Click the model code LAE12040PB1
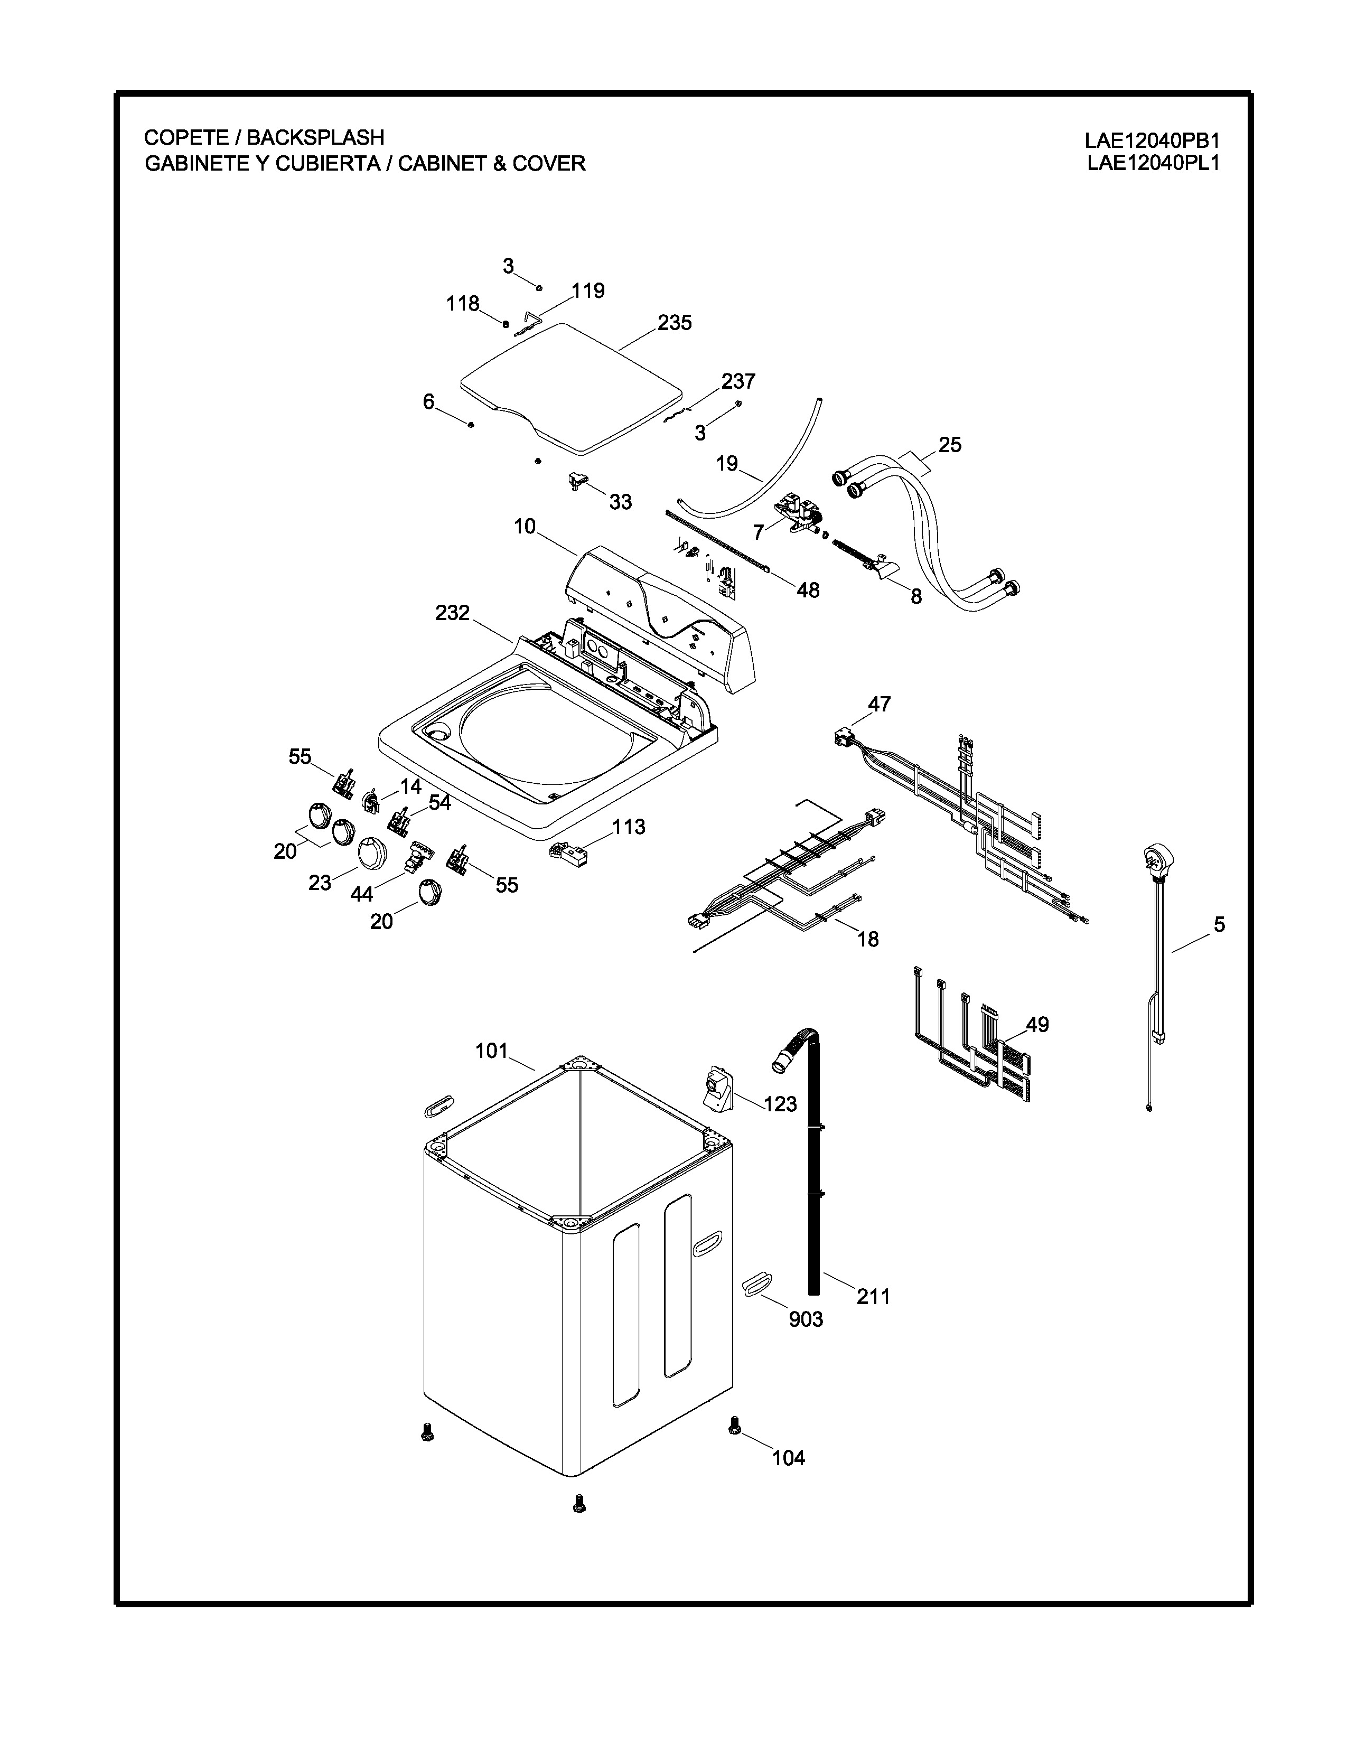[1152, 141]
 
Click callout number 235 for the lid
[675, 323]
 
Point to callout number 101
[492, 1051]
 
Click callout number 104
[789, 1458]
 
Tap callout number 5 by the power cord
[1219, 925]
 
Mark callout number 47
[880, 704]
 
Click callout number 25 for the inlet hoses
[950, 445]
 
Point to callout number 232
[453, 613]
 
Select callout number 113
[629, 827]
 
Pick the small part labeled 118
[505, 323]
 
